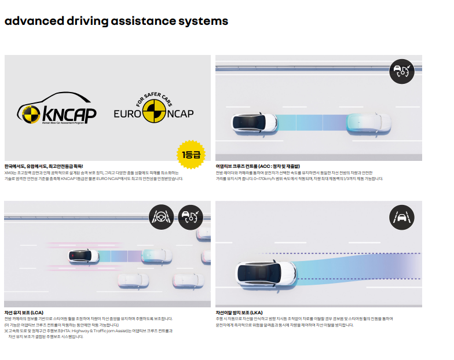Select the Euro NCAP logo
(153, 111)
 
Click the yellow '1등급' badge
(191, 155)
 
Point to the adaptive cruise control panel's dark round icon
(402, 72)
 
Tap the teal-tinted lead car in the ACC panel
(369, 122)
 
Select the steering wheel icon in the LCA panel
(162, 218)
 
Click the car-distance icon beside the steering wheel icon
(191, 218)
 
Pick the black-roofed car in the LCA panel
(82, 255)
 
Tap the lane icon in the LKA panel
(402, 218)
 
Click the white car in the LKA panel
(267, 273)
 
